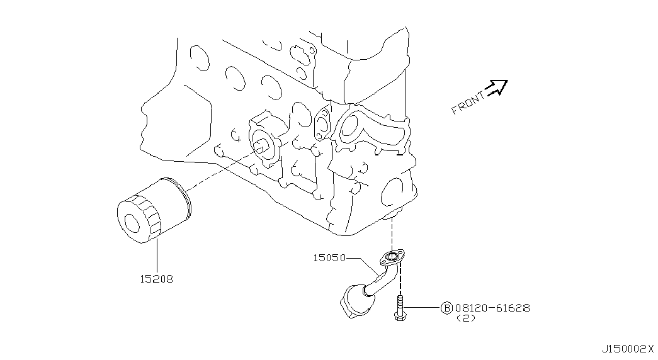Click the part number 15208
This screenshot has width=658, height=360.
point(156,279)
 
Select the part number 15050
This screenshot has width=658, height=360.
point(329,257)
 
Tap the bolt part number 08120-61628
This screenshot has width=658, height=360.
point(492,308)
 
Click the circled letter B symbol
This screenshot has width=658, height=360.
point(446,308)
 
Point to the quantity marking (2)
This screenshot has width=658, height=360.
point(466,318)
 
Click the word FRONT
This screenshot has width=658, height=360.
point(467,104)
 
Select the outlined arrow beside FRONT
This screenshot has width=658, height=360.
point(496,87)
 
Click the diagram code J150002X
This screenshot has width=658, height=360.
point(628,349)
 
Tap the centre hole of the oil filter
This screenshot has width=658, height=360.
point(132,223)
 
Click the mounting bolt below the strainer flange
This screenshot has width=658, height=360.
point(399,308)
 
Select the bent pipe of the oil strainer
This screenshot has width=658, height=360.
point(382,279)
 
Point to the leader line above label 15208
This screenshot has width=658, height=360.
point(157,256)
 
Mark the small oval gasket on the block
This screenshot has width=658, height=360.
point(322,123)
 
